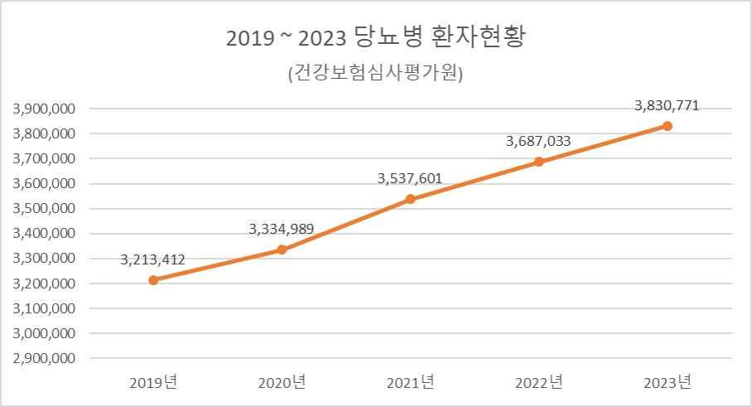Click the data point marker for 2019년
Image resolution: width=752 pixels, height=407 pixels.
(153, 280)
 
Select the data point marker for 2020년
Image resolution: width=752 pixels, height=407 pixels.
(282, 250)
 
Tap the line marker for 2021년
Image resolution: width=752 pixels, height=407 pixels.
(410, 199)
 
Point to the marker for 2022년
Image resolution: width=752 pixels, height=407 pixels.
(538, 162)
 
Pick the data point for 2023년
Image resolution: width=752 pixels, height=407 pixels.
(668, 126)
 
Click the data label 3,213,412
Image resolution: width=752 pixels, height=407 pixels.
(153, 260)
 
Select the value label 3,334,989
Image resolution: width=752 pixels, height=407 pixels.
(282, 229)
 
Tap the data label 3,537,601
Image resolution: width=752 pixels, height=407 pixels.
(410, 178)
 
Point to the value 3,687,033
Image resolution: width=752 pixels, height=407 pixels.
(538, 142)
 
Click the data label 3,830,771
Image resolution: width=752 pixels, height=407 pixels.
(668, 106)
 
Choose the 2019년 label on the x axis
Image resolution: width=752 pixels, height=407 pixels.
(153, 382)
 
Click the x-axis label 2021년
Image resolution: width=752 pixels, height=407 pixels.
(410, 382)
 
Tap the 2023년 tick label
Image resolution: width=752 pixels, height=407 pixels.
(668, 382)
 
